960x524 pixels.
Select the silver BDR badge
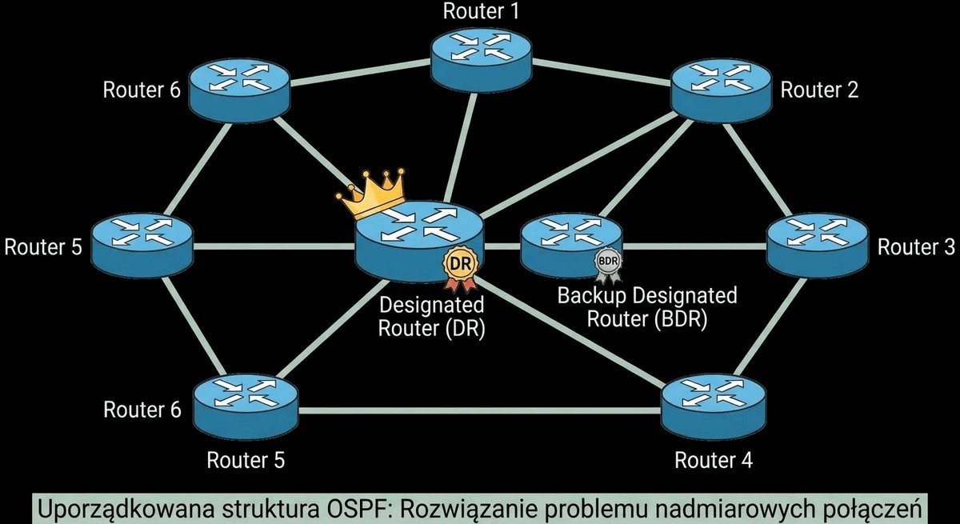[x=608, y=263]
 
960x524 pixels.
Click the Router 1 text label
[x=481, y=11]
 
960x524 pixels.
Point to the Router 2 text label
[x=819, y=90]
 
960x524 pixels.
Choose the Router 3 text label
[x=916, y=247]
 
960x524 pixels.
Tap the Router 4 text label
[x=714, y=460]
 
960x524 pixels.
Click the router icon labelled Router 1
[x=482, y=59]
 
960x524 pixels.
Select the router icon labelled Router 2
[x=721, y=91]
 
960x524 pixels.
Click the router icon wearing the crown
[x=419, y=242]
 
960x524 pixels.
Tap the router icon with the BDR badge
[x=571, y=246]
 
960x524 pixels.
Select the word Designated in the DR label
[x=431, y=305]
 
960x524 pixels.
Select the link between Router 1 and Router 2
[x=602, y=70]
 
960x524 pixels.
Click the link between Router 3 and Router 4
[x=770, y=327]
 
